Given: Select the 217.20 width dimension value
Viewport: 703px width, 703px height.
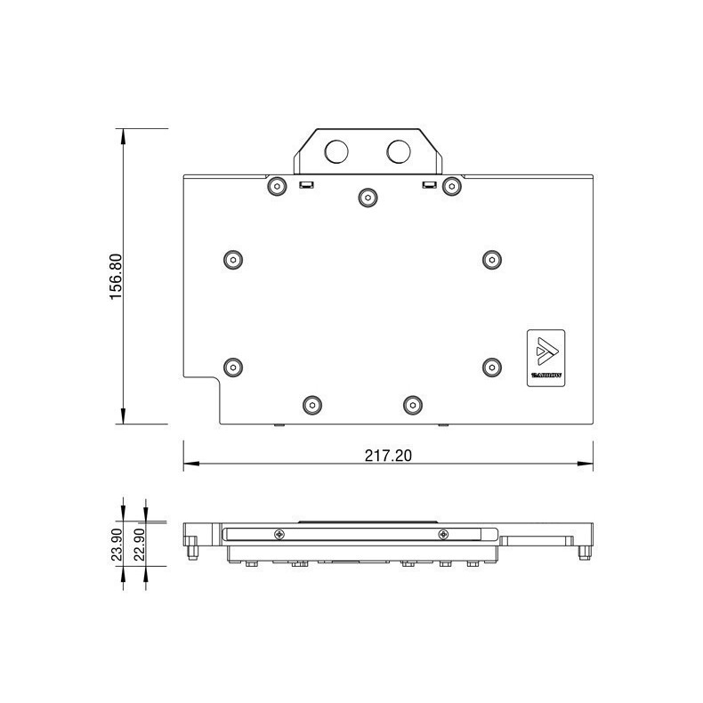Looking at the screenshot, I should (x=388, y=455).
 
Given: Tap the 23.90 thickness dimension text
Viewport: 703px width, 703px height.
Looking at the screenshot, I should (x=117, y=544).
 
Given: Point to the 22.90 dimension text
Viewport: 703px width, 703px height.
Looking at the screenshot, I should (x=140, y=544).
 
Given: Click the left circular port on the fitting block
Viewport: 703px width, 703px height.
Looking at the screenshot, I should (x=336, y=151).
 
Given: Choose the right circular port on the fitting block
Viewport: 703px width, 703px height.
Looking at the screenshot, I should (x=399, y=151).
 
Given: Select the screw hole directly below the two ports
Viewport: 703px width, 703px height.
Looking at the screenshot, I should (x=367, y=196).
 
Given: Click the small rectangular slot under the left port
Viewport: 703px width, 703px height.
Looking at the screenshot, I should (x=306, y=185).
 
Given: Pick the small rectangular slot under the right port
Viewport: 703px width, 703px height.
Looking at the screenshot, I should (x=428, y=185).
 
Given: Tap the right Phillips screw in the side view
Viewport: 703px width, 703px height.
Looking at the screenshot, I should (x=443, y=534).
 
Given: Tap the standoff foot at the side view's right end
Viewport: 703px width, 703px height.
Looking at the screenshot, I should (x=582, y=553).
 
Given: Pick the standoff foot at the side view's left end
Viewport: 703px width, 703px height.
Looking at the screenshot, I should (x=191, y=553).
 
